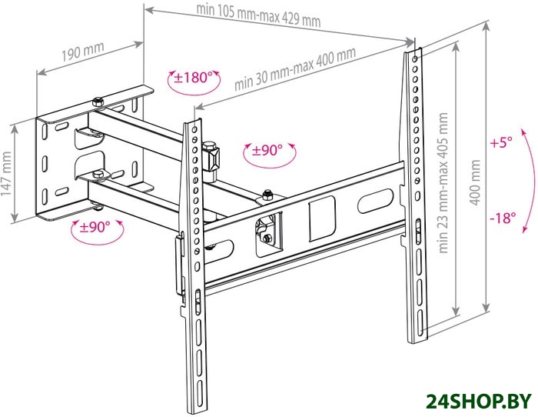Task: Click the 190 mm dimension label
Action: (x=83, y=51)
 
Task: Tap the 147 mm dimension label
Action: (x=6, y=173)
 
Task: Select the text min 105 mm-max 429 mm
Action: (x=258, y=16)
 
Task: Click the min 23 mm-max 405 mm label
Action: (x=443, y=183)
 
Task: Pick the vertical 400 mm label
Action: (x=475, y=182)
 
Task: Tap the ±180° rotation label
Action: (x=192, y=78)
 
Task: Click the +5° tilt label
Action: (x=501, y=142)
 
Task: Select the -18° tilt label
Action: (x=503, y=218)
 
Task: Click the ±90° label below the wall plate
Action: (x=95, y=227)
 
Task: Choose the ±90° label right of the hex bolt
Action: (x=267, y=150)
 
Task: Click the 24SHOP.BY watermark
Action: (x=478, y=401)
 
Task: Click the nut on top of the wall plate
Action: (x=98, y=102)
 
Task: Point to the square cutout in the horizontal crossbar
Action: (x=321, y=219)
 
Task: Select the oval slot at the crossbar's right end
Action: (x=375, y=201)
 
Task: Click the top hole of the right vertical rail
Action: (x=414, y=59)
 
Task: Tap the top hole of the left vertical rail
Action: (x=194, y=130)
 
